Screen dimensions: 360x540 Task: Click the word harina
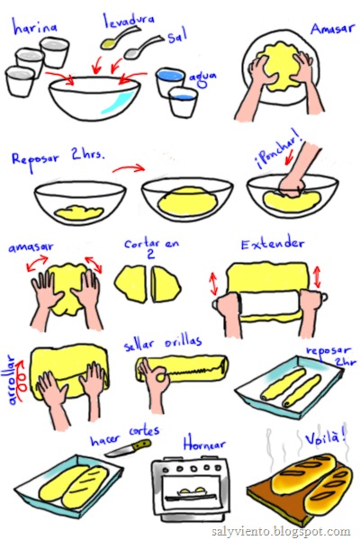coord(34,27)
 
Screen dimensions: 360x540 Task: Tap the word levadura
coord(130,21)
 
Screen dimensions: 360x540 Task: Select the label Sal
coord(178,35)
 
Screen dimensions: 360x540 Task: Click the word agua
coord(202,79)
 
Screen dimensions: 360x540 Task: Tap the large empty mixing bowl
coord(94,98)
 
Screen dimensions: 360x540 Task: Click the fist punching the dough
coord(292,185)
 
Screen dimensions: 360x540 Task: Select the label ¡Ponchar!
coord(278,150)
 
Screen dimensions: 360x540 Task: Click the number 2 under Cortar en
coord(150,254)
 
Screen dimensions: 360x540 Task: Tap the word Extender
coord(272,244)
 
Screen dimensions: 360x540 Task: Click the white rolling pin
coord(270,303)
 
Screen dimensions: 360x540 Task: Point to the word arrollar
coord(12,379)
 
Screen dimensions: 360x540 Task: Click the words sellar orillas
coord(163,344)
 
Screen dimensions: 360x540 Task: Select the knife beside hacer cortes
coord(128,447)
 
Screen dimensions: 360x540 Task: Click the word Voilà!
coord(326,437)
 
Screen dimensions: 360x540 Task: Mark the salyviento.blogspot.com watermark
coord(281,531)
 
